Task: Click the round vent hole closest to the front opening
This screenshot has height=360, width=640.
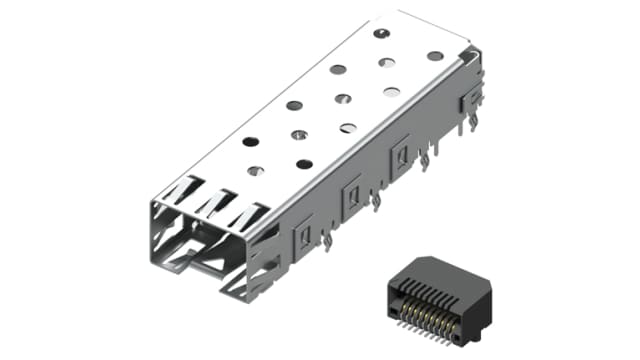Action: [x=255, y=171]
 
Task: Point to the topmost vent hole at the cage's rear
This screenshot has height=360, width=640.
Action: [x=380, y=34]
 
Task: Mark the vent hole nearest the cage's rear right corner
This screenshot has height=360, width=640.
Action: [x=435, y=56]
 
